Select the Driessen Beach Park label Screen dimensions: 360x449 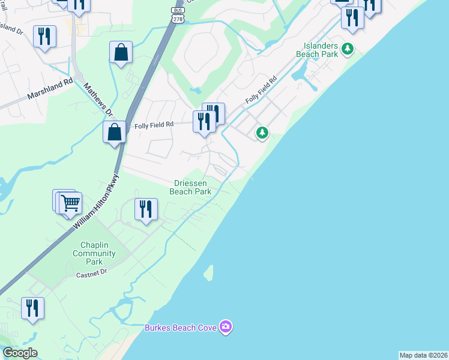191,187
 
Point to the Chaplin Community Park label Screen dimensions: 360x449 94,254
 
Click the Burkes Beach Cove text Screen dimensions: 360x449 181,328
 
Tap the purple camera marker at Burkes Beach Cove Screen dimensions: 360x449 226,327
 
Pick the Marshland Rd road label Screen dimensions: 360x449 50,88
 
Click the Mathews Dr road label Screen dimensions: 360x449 97,100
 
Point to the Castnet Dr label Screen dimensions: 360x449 91,272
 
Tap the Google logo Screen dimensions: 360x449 19,353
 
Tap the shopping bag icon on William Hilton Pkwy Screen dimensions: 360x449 114,131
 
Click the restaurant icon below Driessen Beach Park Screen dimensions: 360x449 146,209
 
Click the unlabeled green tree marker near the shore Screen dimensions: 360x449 262,133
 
